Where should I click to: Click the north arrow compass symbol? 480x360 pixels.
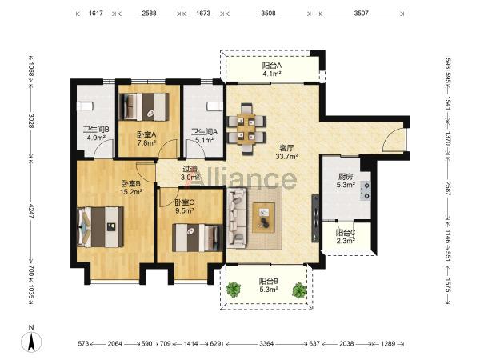(31, 341)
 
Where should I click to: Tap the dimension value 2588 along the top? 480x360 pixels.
(149, 14)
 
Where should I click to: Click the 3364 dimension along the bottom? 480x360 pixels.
(266, 344)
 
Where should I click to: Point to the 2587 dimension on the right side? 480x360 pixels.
(448, 188)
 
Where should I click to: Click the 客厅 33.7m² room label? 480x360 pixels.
(287, 153)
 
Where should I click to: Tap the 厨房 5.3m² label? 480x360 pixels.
(346, 181)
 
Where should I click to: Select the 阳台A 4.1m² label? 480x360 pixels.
(272, 70)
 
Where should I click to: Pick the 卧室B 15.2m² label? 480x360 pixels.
(131, 188)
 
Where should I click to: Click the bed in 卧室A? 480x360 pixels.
(144, 106)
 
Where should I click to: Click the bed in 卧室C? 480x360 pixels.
(197, 238)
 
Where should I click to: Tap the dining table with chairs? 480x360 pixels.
(246, 129)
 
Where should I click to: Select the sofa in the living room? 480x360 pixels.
(237, 218)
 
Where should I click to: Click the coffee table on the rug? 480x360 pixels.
(263, 218)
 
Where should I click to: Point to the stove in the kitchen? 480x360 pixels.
(366, 190)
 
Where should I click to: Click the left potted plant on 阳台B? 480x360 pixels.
(234, 290)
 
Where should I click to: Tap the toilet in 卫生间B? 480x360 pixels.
(85, 106)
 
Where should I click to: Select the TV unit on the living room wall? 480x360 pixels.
(315, 218)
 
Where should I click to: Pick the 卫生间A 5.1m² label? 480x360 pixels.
(205, 136)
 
